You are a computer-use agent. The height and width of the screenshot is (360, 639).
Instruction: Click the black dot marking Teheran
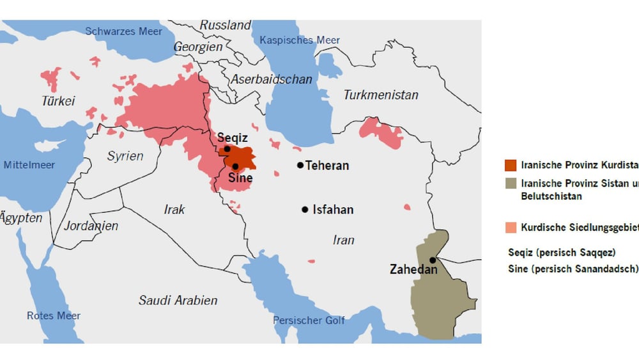point(300,165)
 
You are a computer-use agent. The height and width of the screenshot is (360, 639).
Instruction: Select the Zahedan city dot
point(433,260)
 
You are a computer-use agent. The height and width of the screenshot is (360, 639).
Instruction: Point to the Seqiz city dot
point(227,148)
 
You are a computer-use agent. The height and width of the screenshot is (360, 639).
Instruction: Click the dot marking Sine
point(236,166)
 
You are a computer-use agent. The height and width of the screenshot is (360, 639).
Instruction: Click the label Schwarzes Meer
point(125,31)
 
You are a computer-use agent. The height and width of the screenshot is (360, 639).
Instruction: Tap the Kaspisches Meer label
point(300,40)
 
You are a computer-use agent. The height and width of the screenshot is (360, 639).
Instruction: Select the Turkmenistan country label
point(381,95)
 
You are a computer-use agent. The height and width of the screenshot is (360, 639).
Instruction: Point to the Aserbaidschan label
point(272,79)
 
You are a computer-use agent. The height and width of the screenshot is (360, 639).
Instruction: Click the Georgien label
point(198,47)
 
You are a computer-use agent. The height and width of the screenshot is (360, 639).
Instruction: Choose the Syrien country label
point(125,155)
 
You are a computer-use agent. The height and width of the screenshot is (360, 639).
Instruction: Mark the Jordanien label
point(91,226)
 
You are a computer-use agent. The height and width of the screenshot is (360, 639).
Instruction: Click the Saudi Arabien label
point(178,300)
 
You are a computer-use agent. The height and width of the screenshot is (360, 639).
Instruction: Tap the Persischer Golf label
point(309,320)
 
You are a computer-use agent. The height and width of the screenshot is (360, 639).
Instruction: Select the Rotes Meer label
point(54,315)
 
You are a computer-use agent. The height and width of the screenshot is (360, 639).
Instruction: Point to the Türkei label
point(58,100)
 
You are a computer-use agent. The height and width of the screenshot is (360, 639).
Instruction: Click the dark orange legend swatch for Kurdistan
point(510,165)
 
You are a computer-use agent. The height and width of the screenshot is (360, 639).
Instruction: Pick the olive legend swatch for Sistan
point(510,184)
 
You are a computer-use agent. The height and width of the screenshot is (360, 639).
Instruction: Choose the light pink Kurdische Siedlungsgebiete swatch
point(510,227)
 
